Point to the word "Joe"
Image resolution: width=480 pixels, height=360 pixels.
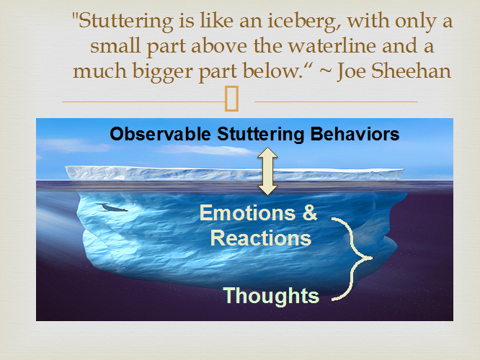coord(350,71)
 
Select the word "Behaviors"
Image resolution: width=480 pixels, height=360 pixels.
coord(355,134)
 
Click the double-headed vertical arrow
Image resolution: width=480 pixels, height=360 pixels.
coord(268,171)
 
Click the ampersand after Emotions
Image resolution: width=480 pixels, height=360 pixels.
coord(308,213)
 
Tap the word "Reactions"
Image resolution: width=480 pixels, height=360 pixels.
coord(261,238)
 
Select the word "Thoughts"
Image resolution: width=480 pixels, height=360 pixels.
coord(270,295)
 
